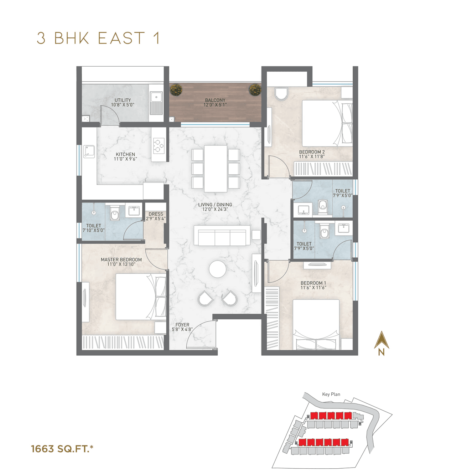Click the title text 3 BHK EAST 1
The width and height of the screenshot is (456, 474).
coord(99,38)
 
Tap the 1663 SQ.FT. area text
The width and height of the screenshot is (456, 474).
coord(62,449)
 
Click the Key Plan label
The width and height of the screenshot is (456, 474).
coord(331,394)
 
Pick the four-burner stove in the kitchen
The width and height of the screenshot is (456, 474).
coord(159,145)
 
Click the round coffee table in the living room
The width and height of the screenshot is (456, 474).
coord(217,269)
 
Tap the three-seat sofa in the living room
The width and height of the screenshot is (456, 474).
coord(222,236)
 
